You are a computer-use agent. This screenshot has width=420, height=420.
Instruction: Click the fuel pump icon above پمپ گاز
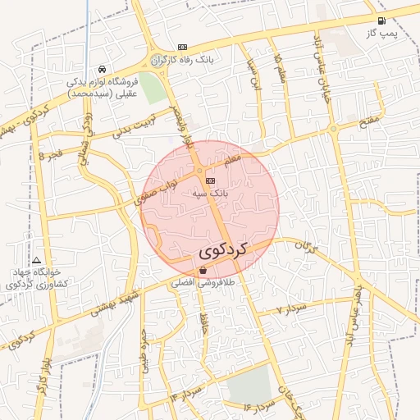coord(381,21)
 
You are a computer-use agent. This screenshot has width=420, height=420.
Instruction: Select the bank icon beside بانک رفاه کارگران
coord(182,47)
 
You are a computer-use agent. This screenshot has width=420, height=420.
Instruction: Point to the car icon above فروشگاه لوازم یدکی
coord(101,70)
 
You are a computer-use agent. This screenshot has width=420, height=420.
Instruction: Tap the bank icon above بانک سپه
coord(211,180)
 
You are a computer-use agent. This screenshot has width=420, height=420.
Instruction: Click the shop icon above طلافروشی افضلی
coord(203,270)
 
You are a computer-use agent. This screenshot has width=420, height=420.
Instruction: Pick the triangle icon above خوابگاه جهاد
coord(36,260)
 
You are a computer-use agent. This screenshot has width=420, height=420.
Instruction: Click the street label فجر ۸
coord(50,154)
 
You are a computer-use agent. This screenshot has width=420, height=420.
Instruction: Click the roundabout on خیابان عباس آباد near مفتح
coord(333,128)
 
